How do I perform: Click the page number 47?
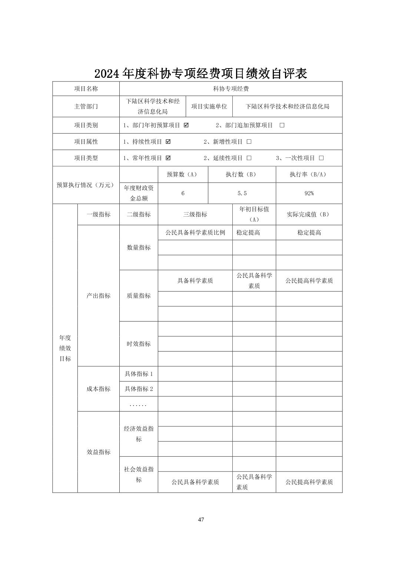pos(201,519)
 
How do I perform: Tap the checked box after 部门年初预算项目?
pos(186,125)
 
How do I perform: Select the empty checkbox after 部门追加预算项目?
pos(282,125)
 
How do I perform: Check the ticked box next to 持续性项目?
pos(168,141)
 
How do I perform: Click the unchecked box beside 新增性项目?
pos(249,141)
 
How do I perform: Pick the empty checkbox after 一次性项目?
pos(321,158)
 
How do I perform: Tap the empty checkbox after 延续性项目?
pos(249,158)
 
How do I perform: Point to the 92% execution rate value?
pos(309,193)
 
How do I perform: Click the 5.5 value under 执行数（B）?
pos(242,193)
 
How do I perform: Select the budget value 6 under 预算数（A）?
pos(183,193)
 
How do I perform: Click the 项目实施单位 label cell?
pos(209,107)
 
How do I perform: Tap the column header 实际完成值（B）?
pos(309,214)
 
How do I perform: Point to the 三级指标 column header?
pos(195,214)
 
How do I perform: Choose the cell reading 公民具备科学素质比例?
pos(195,233)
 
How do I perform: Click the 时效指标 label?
pos(139,344)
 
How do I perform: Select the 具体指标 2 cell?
pos(139,389)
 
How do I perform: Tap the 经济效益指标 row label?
pos(139,434)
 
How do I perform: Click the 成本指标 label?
pos(99,389)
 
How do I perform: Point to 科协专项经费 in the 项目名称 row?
pos(231,89)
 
